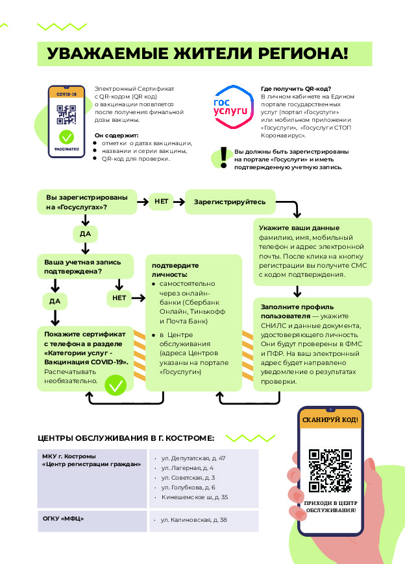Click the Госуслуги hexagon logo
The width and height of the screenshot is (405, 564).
232,107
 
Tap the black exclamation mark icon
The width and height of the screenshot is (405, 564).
224,157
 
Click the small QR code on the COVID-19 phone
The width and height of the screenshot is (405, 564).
66,114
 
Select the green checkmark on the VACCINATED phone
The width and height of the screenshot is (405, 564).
66,137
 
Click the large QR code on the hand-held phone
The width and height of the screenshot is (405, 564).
330,471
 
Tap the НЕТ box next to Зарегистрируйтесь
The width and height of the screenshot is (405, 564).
161,202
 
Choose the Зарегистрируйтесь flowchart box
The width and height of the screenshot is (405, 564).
230,202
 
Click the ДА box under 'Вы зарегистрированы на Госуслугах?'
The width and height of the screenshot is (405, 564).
85,234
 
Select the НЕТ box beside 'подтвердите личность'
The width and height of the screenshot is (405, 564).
119,298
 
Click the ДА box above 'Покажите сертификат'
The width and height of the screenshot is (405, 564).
55,301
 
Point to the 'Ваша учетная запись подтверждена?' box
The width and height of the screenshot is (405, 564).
85,266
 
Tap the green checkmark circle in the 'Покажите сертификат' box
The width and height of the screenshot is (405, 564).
116,385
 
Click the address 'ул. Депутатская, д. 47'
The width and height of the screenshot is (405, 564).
193,458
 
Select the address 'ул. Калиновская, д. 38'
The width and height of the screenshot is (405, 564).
193,520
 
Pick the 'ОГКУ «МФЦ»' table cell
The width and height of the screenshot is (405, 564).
92,521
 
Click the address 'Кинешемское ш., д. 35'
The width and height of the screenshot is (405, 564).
195,497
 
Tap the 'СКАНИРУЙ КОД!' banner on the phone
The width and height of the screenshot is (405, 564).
330,419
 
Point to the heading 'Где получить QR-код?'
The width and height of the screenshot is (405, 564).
296,88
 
